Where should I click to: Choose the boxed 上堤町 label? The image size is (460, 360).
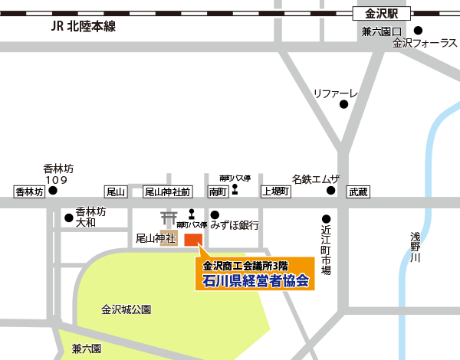(275, 191)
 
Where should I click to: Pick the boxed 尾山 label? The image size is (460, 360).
(115, 191)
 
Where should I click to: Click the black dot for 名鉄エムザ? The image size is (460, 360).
(331, 190)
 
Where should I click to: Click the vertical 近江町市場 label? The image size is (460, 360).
(326, 250)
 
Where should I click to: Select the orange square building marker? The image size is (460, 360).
(192, 238)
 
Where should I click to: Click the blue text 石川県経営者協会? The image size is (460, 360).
(246, 280)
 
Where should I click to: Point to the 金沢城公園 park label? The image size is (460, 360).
(127, 309)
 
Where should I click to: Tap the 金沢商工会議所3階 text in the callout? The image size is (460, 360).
(245, 265)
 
